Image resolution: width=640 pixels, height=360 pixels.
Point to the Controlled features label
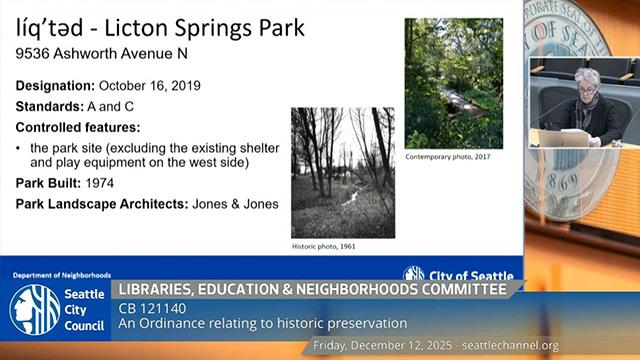(78, 127)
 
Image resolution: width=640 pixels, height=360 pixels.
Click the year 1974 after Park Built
(103, 184)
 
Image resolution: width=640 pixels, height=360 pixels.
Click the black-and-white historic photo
(342, 172)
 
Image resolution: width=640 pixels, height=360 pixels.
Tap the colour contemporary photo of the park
(453, 83)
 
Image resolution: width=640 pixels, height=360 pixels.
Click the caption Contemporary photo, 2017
(449, 157)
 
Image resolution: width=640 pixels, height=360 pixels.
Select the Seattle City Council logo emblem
(34, 309)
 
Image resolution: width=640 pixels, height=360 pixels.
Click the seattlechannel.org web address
(521, 346)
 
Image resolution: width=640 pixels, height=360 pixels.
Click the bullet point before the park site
(20, 147)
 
